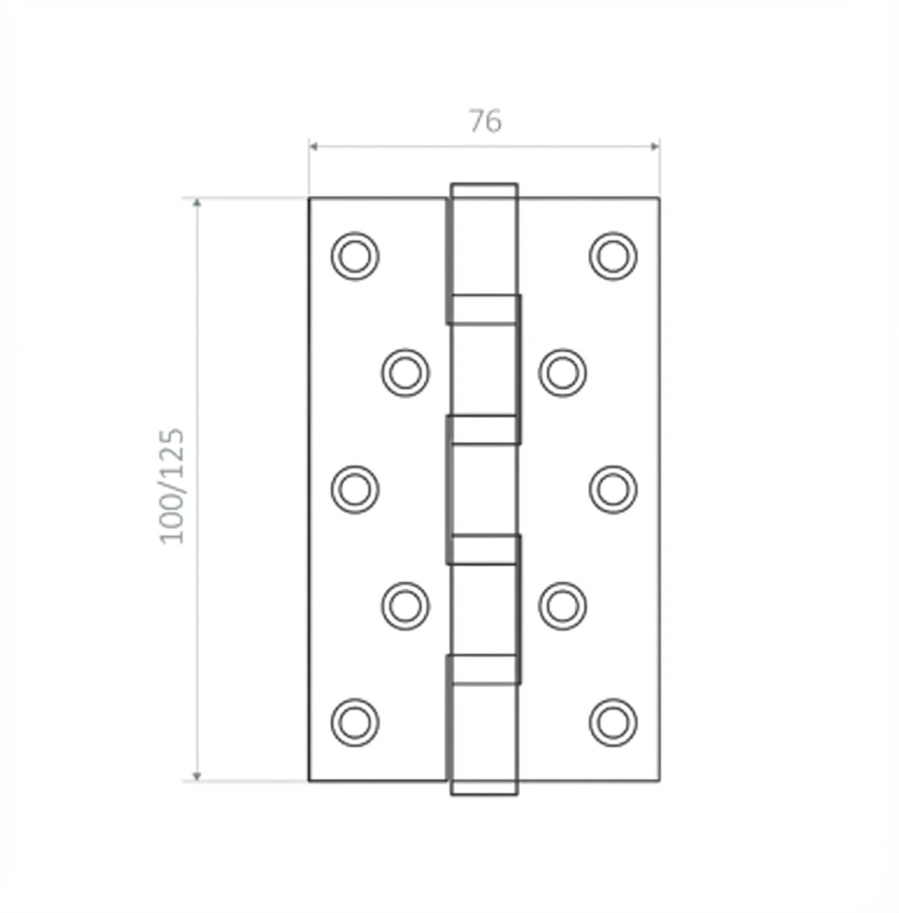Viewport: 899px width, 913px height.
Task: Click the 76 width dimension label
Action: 485,121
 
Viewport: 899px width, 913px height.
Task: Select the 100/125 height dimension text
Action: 173,485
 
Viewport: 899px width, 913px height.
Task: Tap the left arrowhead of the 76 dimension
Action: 313,146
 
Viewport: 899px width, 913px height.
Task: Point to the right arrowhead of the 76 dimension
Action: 654,146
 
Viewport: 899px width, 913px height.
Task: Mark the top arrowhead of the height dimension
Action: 197,204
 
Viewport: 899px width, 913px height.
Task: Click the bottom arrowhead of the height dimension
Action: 197,775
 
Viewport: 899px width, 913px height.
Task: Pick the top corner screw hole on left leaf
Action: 355,256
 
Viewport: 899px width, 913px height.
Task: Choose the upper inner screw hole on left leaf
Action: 405,372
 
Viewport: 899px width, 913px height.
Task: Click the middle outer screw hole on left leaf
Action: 355,489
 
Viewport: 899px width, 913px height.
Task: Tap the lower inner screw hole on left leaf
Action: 405,606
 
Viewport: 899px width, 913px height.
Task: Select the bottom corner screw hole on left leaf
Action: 355,722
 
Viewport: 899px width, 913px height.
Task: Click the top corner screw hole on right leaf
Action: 613,256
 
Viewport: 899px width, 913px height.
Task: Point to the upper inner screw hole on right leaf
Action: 562,372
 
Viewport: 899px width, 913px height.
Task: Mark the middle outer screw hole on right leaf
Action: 613,489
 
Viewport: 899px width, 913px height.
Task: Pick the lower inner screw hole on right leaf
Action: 562,606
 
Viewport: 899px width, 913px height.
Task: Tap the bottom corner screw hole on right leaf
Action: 613,722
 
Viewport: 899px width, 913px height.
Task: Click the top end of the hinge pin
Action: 484,188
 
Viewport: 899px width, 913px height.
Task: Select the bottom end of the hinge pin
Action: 484,790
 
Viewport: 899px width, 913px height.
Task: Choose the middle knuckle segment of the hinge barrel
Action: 484,489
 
